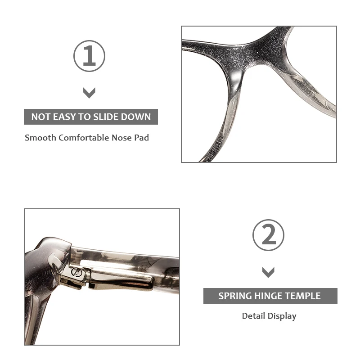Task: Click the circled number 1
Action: [x=89, y=56]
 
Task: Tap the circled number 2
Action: [x=268, y=235]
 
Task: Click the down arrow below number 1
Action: [x=89, y=93]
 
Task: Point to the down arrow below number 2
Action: [x=268, y=272]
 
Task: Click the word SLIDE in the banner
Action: [x=106, y=117]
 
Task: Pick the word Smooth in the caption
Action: [x=40, y=138]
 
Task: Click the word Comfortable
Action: [x=84, y=138]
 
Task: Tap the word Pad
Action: [x=141, y=138]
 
